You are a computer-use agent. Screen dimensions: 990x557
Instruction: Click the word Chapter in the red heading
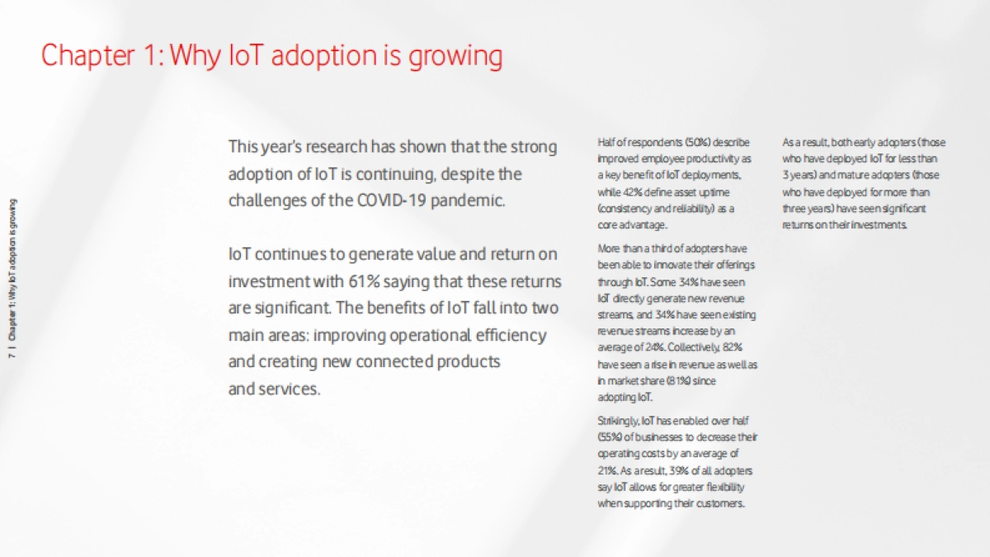tap(88, 56)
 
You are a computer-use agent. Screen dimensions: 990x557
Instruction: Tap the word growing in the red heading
tap(455, 58)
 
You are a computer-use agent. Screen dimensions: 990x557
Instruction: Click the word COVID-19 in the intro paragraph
tap(392, 201)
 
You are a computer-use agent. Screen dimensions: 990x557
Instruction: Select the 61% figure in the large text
tap(364, 281)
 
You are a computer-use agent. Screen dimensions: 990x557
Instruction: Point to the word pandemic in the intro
tap(468, 201)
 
